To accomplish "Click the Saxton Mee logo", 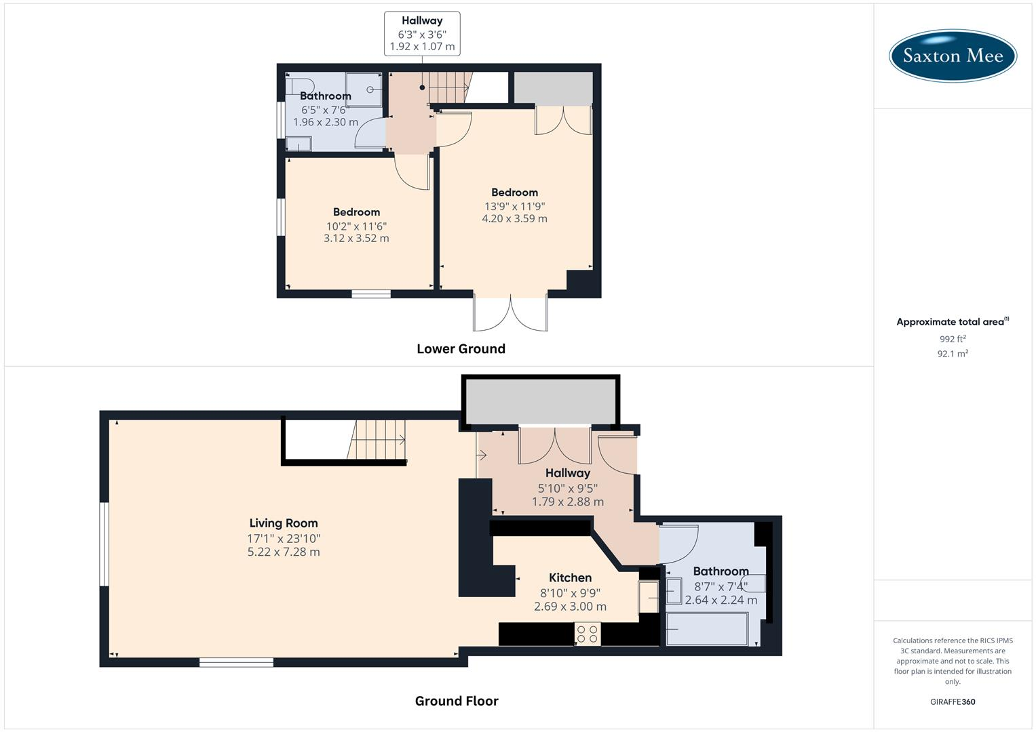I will click(x=953, y=55).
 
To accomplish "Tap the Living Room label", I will click(x=284, y=523).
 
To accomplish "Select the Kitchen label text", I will click(x=570, y=577).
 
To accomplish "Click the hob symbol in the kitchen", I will click(x=587, y=634).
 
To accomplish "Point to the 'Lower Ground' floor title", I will click(x=461, y=348).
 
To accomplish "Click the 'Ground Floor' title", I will click(x=457, y=701).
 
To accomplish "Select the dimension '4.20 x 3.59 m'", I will click(x=514, y=218).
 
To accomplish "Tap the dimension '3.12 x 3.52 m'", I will click(x=356, y=238).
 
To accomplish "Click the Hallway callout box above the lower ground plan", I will click(x=422, y=33).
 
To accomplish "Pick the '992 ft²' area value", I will click(x=953, y=339).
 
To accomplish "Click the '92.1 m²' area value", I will click(x=953, y=353).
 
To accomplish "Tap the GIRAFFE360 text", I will click(x=953, y=701).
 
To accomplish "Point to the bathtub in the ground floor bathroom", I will click(x=707, y=628).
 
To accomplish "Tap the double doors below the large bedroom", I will click(x=510, y=313).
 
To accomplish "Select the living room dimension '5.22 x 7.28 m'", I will click(x=284, y=552).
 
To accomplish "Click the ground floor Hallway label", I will click(x=568, y=473).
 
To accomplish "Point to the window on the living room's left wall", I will click(x=104, y=544).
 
